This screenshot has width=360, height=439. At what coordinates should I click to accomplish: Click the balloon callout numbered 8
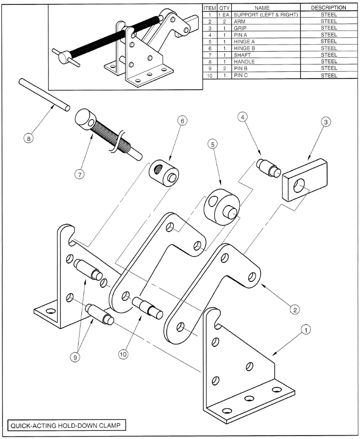[x=29, y=138]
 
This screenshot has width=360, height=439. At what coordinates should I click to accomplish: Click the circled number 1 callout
[x=305, y=330]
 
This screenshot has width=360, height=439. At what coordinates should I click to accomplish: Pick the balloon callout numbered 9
[x=75, y=357]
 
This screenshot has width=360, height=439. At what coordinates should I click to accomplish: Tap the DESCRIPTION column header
[x=328, y=8]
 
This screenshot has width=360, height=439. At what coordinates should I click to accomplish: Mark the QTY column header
[x=224, y=8]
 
